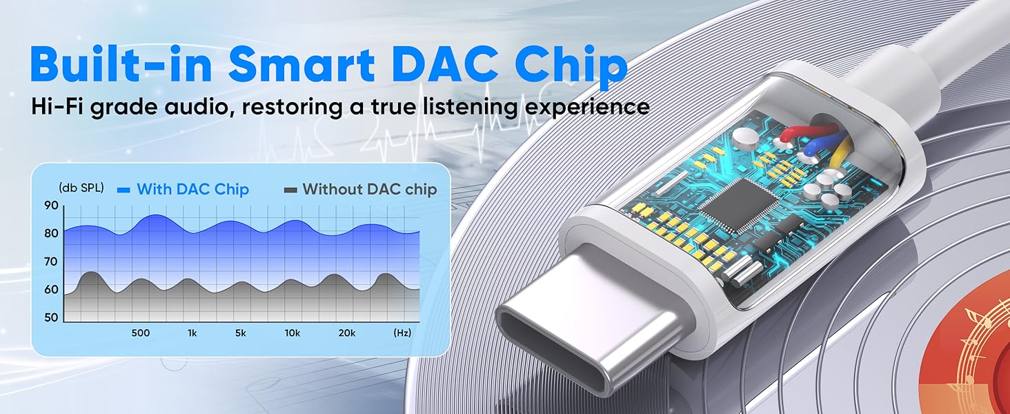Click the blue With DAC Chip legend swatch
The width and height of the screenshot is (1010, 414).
(x=123, y=190)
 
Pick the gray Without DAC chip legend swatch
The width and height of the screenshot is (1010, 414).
(x=290, y=190)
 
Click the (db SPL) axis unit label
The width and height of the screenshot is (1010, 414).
(x=81, y=188)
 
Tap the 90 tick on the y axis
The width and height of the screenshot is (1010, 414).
(x=51, y=206)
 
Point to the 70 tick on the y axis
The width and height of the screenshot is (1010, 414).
(x=51, y=262)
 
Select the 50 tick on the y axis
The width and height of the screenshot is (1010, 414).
(x=51, y=317)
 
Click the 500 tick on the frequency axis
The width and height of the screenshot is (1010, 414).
(x=141, y=333)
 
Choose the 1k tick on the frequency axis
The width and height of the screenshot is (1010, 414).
(x=192, y=333)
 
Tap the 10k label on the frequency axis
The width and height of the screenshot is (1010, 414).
(x=293, y=333)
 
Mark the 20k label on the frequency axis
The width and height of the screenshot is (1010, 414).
(x=347, y=333)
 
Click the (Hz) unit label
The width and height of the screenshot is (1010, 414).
(x=402, y=333)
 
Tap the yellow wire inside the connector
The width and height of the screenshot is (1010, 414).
(x=840, y=152)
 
